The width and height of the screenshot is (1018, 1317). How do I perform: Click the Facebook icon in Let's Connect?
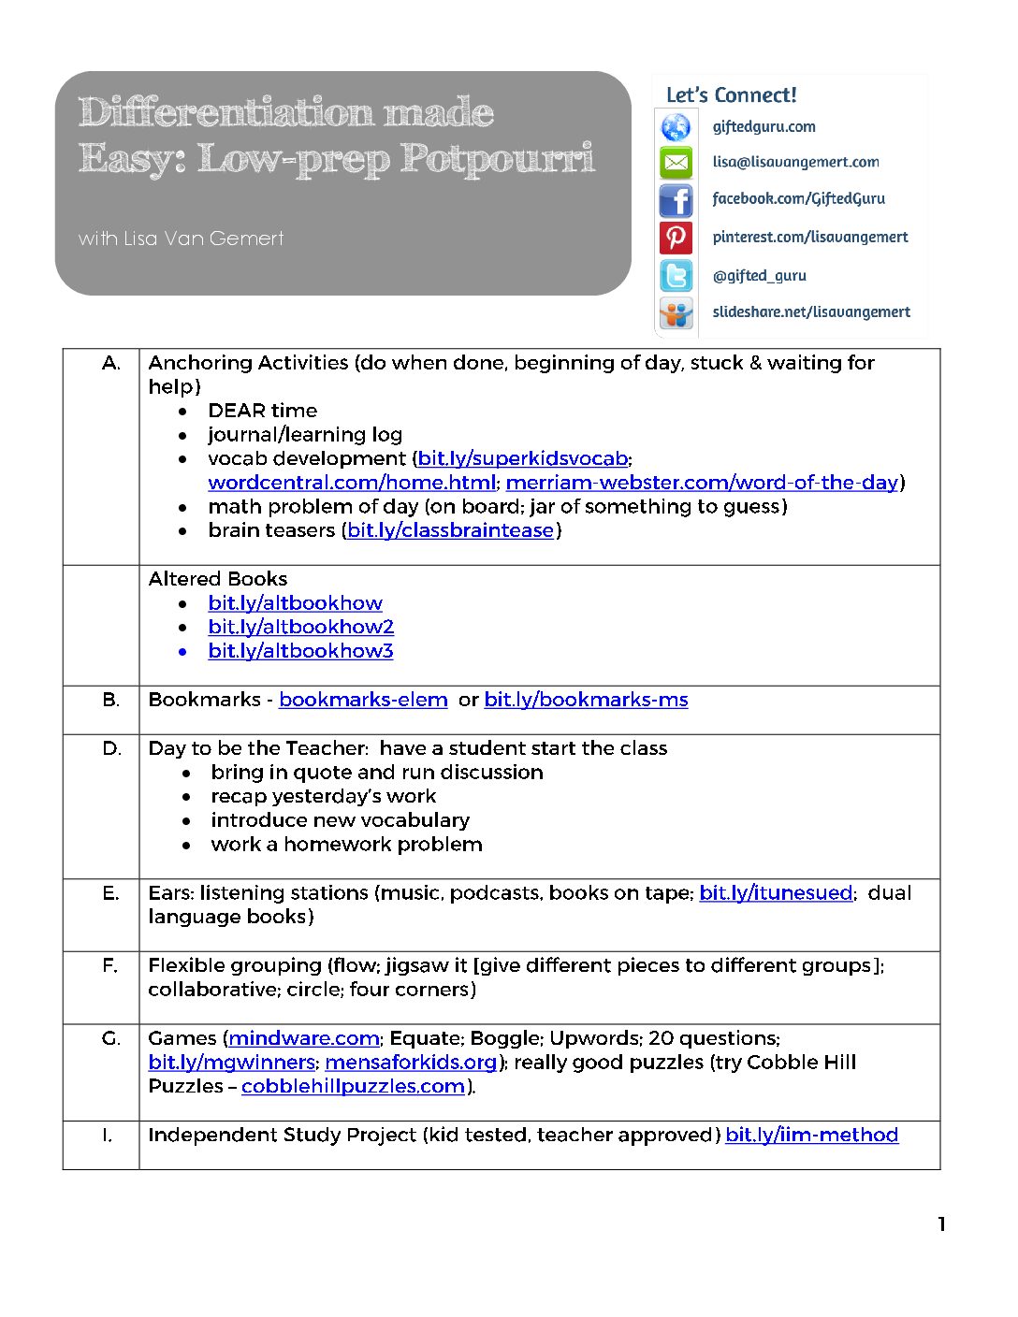[x=676, y=200]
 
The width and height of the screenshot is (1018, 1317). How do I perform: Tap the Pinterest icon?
[x=676, y=238]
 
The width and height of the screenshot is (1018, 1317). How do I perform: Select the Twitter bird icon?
[x=676, y=276]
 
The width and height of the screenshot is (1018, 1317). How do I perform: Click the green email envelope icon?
[x=676, y=163]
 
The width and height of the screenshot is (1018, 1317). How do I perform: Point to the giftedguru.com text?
[x=763, y=127]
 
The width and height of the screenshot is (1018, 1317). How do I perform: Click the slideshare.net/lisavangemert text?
[x=810, y=312]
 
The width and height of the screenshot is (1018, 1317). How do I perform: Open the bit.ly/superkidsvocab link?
[x=522, y=459]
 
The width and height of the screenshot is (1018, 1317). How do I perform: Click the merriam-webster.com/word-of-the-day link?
[x=702, y=483]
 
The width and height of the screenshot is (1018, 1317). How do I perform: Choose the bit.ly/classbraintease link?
[x=450, y=531]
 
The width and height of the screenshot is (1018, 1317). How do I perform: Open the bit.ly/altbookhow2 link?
[x=300, y=627]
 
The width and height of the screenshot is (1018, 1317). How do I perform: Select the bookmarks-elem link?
[x=363, y=700]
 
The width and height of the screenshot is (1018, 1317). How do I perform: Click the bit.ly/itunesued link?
[x=776, y=893]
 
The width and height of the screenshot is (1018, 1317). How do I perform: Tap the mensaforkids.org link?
[x=411, y=1063]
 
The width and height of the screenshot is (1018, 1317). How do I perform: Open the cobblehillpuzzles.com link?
[x=353, y=1087]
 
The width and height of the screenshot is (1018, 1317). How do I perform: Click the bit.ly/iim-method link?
[x=811, y=1136]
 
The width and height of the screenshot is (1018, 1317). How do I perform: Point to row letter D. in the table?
[x=111, y=748]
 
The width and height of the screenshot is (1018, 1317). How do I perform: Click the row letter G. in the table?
[x=111, y=1038]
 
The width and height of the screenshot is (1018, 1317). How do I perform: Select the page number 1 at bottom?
[x=941, y=1224]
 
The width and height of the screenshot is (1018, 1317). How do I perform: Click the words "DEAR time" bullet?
[x=262, y=411]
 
